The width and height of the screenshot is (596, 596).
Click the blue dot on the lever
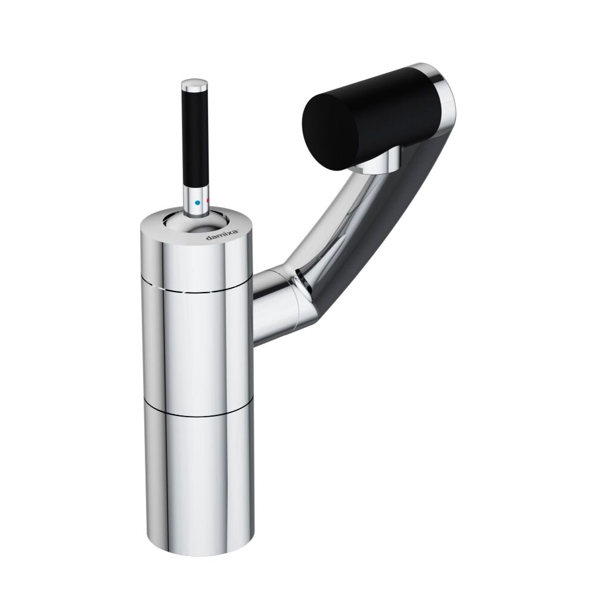click(x=197, y=203)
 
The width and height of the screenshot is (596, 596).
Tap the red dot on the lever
click(x=207, y=200)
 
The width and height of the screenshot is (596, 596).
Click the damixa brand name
click(x=222, y=235)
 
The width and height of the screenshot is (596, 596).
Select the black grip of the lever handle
click(x=195, y=138)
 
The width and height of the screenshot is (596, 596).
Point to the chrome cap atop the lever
click(x=194, y=85)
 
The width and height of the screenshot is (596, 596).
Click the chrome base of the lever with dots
click(x=195, y=201)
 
